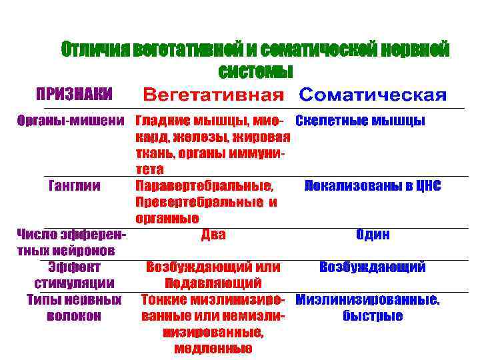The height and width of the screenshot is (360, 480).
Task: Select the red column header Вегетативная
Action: [x=213, y=95]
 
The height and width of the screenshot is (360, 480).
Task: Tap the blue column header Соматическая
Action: [x=372, y=95]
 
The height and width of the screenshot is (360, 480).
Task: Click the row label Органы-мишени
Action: [x=71, y=121]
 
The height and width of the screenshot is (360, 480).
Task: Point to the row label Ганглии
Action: [x=74, y=185]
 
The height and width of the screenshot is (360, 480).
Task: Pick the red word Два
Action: [x=213, y=234]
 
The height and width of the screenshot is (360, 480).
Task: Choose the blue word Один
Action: [x=373, y=235]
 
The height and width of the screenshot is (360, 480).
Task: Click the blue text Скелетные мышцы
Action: [x=360, y=121]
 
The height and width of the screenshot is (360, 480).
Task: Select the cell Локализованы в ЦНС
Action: [x=372, y=186]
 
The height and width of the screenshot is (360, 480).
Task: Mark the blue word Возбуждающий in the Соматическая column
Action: [x=373, y=267]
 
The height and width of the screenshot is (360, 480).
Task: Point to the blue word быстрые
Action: [x=373, y=315]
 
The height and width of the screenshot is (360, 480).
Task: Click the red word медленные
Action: [x=213, y=348]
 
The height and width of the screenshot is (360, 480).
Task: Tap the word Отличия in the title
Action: [x=94, y=49]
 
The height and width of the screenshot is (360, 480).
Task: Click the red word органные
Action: [x=167, y=218]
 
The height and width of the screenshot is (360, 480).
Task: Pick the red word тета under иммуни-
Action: [x=150, y=169]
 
